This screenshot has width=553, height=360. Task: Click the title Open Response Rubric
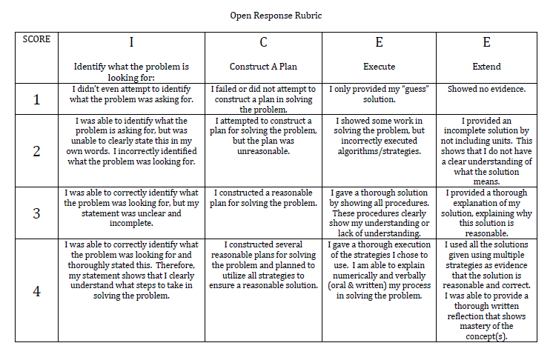(276, 14)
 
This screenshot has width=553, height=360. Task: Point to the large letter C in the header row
(264, 42)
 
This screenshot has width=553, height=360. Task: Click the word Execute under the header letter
(379, 67)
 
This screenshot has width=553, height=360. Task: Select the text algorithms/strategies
(379, 150)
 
